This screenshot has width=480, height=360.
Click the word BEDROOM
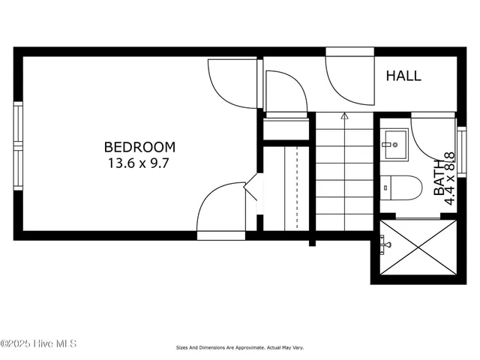(139, 147)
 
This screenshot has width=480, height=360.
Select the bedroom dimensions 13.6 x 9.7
(139, 163)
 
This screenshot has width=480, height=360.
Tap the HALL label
(403, 76)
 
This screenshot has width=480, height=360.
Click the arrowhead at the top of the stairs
(344, 116)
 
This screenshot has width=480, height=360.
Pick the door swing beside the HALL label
(346, 79)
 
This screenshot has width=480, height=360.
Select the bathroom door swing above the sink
(433, 127)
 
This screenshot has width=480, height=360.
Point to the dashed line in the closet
(298, 187)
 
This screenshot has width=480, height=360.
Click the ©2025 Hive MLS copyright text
(39, 344)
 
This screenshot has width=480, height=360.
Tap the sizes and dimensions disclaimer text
(240, 348)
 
